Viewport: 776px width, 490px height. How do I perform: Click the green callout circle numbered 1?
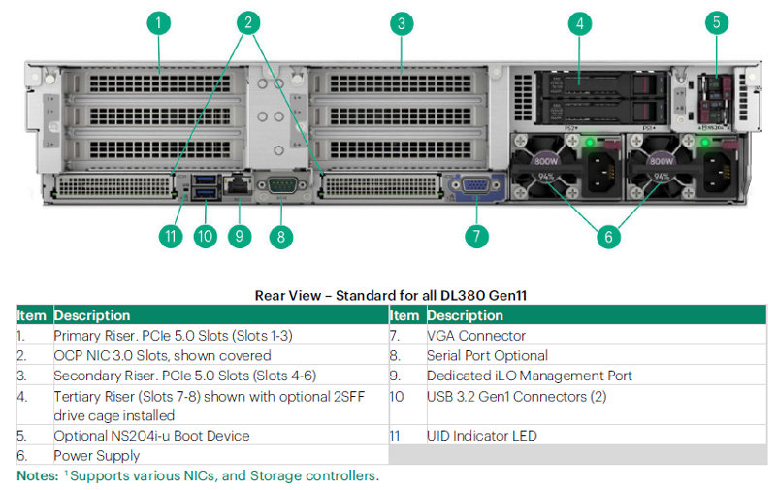pyautogui.click(x=159, y=23)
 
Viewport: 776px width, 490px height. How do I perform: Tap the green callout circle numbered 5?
pyautogui.click(x=716, y=22)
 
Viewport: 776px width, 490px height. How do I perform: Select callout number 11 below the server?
pyautogui.click(x=171, y=236)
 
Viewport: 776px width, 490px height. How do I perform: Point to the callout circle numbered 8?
pyautogui.click(x=281, y=237)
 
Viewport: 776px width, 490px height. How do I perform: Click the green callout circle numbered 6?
pyautogui.click(x=608, y=237)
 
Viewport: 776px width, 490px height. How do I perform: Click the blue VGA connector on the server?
pyautogui.click(x=476, y=186)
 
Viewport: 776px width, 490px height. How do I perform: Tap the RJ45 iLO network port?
pyautogui.click(x=238, y=185)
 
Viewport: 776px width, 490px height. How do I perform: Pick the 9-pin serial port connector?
pyautogui.click(x=282, y=185)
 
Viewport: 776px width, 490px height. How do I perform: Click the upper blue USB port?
pyautogui.click(x=205, y=179)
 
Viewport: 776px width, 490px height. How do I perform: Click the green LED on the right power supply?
pyautogui.click(x=705, y=143)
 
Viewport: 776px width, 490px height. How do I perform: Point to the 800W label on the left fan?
pyautogui.click(x=546, y=161)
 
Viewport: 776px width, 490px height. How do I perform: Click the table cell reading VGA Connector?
pyautogui.click(x=475, y=336)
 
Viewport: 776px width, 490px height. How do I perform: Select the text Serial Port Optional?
pyautogui.click(x=487, y=355)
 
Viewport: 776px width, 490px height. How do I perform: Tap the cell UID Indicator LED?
pyautogui.click(x=481, y=436)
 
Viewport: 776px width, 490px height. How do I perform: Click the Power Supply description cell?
pyautogui.click(x=96, y=455)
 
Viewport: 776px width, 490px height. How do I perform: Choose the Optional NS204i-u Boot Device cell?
pyautogui.click(x=151, y=436)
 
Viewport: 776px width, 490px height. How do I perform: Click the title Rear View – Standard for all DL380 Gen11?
pyautogui.click(x=391, y=296)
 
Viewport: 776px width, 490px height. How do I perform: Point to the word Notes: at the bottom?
pyautogui.click(x=38, y=475)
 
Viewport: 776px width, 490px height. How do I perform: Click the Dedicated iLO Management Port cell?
pyautogui.click(x=529, y=376)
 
